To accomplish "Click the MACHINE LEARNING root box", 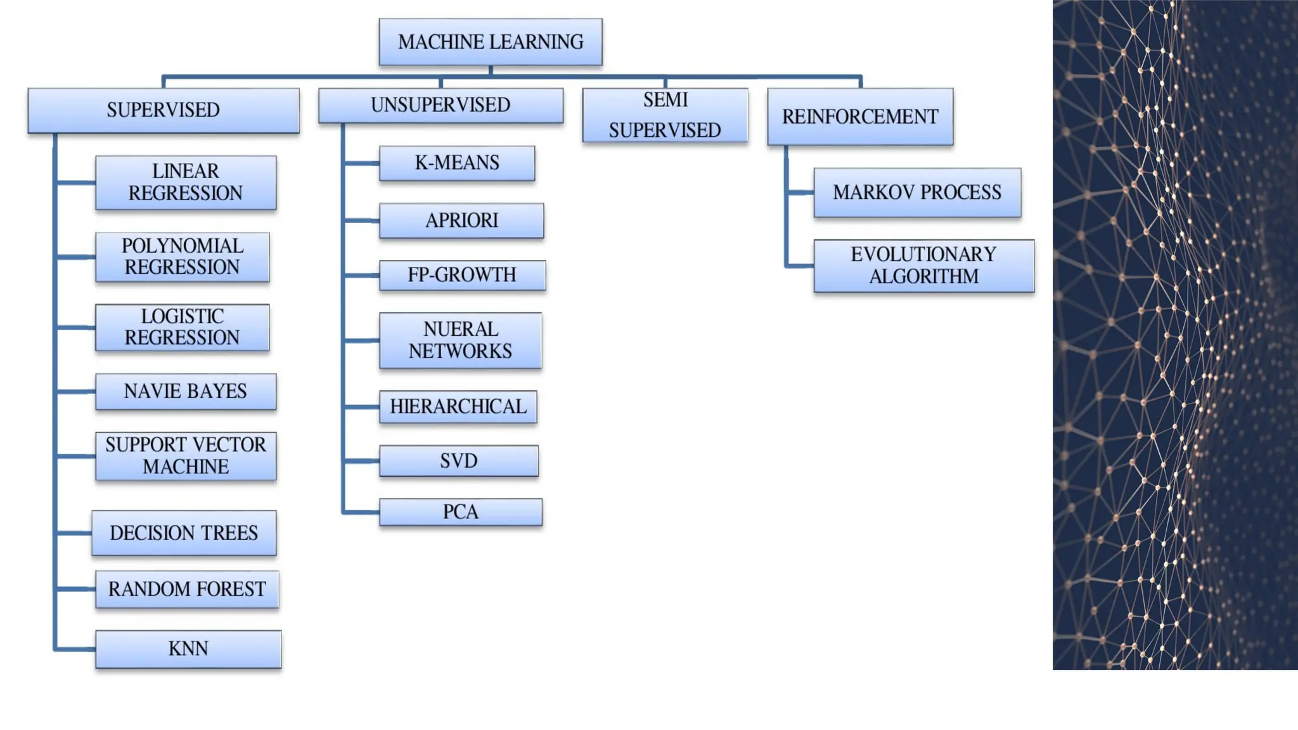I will pyautogui.click(x=490, y=42).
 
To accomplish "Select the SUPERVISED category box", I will pyautogui.click(x=164, y=110).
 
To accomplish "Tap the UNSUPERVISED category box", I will pyautogui.click(x=440, y=105).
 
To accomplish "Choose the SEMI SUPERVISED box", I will pyautogui.click(x=665, y=115).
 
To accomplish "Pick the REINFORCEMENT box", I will pyautogui.click(x=860, y=117).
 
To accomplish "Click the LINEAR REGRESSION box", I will pyautogui.click(x=186, y=182).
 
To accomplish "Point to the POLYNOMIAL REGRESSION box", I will pyautogui.click(x=183, y=257).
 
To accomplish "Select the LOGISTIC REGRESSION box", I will pyautogui.click(x=183, y=327).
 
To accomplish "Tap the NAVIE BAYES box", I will pyautogui.click(x=186, y=392).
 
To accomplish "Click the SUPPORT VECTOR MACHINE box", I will pyautogui.click(x=186, y=456).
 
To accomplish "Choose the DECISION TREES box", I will pyautogui.click(x=184, y=533).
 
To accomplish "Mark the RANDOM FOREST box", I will pyautogui.click(x=187, y=589).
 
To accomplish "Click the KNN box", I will pyautogui.click(x=188, y=649).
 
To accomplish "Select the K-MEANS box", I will pyautogui.click(x=457, y=163).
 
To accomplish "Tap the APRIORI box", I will pyautogui.click(x=461, y=221).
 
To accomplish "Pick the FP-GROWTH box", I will pyautogui.click(x=462, y=275).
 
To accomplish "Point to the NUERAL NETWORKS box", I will pyautogui.click(x=460, y=340).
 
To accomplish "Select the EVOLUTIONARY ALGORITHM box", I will pyautogui.click(x=923, y=266).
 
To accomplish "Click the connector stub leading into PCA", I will pyautogui.click(x=361, y=511).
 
